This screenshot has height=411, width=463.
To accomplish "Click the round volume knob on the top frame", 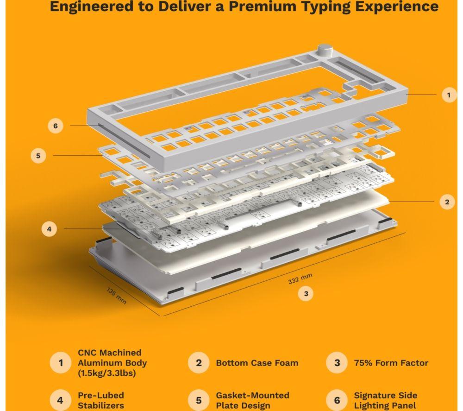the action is (325, 51).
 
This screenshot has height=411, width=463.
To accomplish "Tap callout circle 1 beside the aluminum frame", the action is (449, 95).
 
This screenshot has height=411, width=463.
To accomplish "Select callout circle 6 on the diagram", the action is (56, 126).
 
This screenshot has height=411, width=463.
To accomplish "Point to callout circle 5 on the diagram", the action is (38, 156).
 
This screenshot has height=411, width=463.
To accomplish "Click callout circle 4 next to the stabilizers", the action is (49, 229).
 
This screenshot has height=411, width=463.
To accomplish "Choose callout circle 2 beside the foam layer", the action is (447, 202).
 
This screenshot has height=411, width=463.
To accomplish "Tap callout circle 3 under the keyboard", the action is (306, 294).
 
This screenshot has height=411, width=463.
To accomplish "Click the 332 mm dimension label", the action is (300, 278).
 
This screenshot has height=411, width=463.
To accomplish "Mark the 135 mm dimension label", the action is (116, 296).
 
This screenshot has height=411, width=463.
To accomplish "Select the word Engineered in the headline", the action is (92, 7).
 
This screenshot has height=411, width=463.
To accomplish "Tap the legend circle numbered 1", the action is (61, 362).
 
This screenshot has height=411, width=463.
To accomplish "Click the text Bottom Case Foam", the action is (257, 363).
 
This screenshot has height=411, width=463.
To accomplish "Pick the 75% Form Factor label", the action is (391, 363).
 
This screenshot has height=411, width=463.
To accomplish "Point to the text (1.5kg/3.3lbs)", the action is (107, 373).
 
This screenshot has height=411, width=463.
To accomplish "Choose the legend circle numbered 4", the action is (60, 400).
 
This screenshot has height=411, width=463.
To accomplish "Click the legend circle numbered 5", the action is (199, 400).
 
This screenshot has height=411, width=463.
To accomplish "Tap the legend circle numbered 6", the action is (337, 400).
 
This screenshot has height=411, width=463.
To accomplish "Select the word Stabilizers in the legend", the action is (100, 406).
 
